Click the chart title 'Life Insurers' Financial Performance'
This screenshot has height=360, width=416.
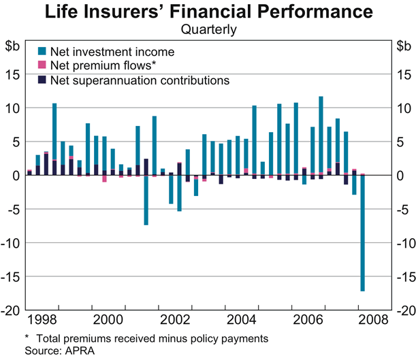(x=208, y=13)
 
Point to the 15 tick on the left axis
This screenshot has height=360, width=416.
(x=14, y=74)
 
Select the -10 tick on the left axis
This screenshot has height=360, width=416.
(x=12, y=243)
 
